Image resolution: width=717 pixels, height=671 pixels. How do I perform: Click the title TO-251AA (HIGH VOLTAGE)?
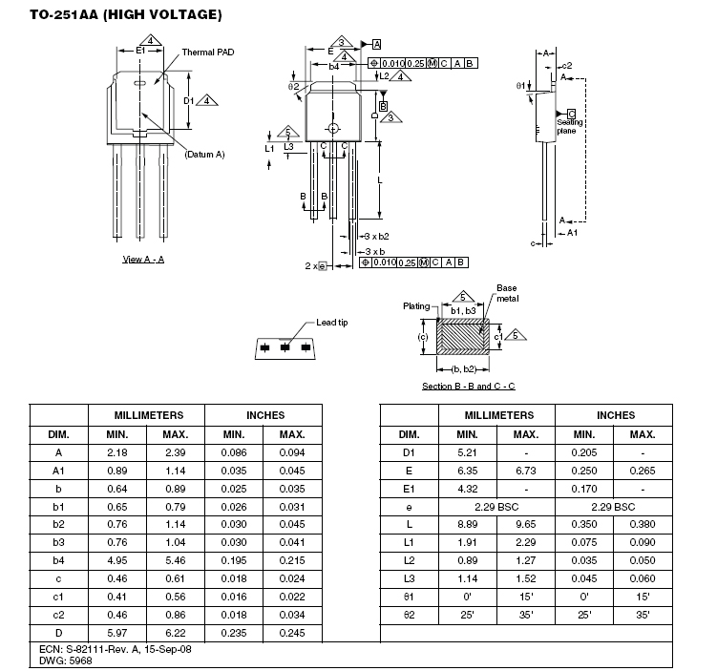point(125,15)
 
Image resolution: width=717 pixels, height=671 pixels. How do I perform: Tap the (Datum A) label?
point(204,154)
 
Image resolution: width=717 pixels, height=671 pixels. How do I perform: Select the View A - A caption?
point(143,260)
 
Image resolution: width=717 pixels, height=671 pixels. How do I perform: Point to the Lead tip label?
point(331,323)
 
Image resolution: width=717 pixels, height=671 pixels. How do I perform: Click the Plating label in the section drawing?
point(415,306)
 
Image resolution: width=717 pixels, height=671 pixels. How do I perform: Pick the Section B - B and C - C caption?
point(469,387)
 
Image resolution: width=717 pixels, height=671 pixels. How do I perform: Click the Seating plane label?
point(570,126)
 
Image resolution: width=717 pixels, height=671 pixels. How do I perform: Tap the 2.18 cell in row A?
point(117,452)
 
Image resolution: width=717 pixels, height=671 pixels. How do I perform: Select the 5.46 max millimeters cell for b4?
point(177,561)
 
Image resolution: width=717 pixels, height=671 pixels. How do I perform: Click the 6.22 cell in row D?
point(177,634)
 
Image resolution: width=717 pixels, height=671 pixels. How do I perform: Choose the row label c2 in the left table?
point(58,616)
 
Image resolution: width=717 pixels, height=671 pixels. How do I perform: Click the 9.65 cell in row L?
point(526,525)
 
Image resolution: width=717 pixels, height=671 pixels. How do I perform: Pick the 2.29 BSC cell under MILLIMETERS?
point(496,507)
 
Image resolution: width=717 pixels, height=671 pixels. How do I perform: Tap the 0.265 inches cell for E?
point(643,471)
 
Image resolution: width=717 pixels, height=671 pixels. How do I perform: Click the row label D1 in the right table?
point(409,452)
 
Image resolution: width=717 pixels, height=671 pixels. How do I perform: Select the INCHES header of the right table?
point(615,415)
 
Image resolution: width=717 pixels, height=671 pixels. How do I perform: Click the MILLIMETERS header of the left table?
point(147,415)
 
